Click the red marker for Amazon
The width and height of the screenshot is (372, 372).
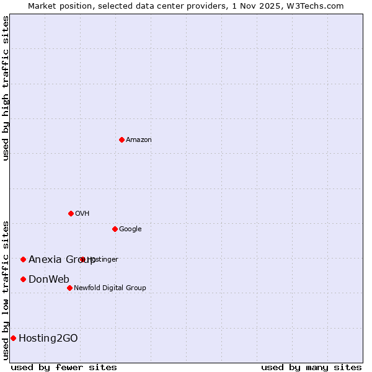122,139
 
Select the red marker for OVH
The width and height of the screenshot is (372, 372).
71,213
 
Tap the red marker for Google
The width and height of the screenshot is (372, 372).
115,229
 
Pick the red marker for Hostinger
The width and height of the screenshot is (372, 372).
82,259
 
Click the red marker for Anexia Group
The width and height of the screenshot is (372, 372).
23,259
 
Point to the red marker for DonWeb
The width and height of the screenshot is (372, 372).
23,279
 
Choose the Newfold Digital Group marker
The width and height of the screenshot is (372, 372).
69,288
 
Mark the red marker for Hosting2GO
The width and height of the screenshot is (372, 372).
13,338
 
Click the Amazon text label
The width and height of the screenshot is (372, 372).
139,140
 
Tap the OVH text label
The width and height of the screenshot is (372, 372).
82,214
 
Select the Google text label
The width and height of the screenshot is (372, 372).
130,229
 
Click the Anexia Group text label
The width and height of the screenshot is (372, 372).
62,260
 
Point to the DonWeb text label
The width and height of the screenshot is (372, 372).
49,280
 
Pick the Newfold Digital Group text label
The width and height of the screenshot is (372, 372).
110,288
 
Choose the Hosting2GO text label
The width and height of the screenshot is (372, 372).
48,339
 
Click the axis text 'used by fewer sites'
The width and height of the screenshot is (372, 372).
64,367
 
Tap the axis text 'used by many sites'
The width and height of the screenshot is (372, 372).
311,367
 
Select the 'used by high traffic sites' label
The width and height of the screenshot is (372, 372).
6,88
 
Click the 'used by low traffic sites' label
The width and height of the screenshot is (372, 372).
6,290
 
